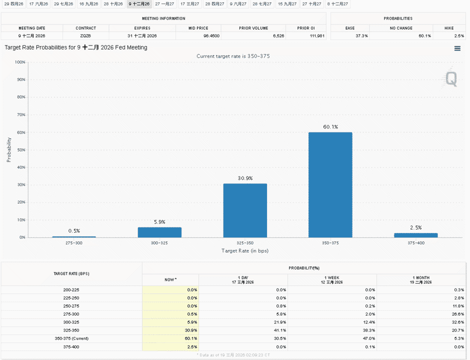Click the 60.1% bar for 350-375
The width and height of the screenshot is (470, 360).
point(330,184)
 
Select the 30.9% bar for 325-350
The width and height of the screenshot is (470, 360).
point(245,210)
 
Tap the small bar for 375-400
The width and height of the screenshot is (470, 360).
point(415,235)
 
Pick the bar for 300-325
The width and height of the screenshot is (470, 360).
point(159,232)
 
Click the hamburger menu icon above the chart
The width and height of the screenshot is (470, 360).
point(457,48)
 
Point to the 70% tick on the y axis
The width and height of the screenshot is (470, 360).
point(21,115)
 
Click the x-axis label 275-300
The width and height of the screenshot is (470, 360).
point(73,243)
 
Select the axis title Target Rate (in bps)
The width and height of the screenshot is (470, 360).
point(245,251)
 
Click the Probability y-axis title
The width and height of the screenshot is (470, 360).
point(8,150)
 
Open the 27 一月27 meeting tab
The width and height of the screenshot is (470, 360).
point(164,4)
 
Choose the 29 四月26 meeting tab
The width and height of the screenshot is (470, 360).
point(14,4)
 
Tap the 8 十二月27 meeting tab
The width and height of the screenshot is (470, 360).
point(337,4)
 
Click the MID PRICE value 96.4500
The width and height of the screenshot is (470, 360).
point(211,36)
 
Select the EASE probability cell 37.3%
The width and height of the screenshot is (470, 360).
point(362,36)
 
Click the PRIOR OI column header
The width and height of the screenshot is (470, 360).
point(306,28)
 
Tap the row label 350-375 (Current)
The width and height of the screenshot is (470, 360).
point(71,338)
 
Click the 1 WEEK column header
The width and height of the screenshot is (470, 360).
point(332,280)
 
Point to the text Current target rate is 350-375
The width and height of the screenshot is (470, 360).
point(233,56)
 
